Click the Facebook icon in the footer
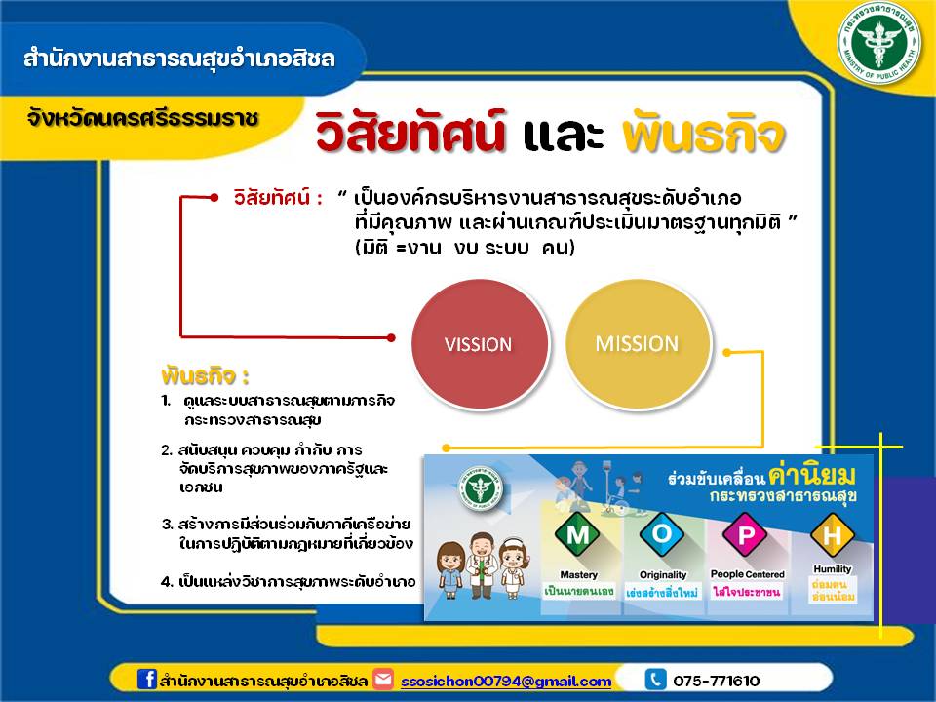point(147,681)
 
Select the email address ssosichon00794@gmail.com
point(506,682)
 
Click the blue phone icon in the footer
point(656,681)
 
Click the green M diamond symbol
point(578,535)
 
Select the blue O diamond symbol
point(662,535)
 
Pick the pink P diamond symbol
point(746,534)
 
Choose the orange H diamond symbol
point(831,533)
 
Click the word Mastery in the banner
point(579,575)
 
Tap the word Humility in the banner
point(832,569)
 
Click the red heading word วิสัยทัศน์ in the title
point(410,136)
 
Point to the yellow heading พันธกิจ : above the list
point(205,376)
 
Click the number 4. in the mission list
point(167,582)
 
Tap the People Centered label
point(747,574)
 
